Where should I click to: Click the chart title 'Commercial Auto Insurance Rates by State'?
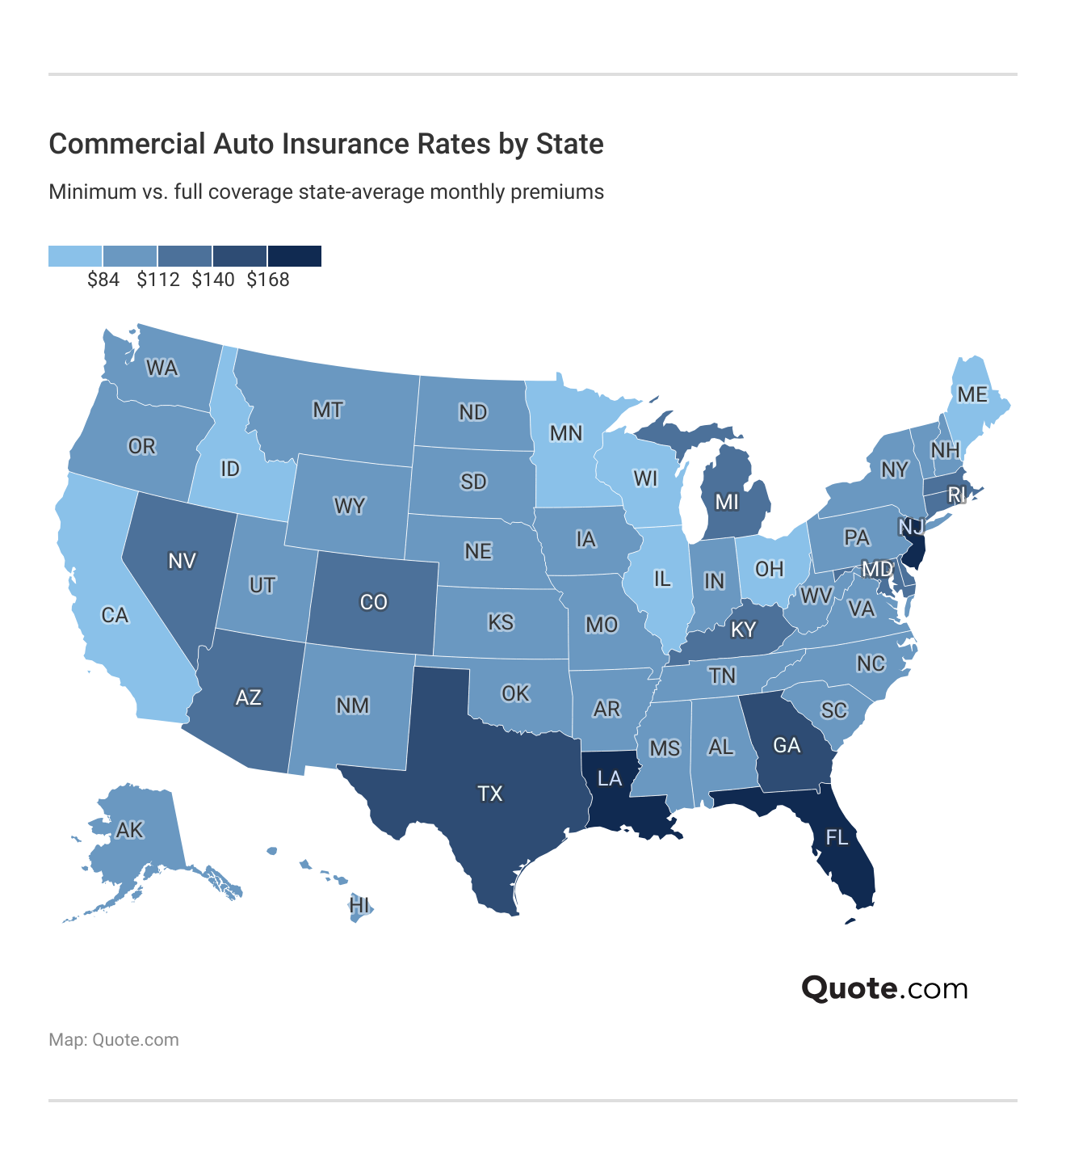(326, 145)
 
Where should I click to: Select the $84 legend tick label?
(103, 280)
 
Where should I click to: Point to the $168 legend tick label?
(268, 280)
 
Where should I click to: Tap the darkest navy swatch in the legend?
(295, 256)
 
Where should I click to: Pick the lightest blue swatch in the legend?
(75, 256)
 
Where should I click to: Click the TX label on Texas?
(490, 794)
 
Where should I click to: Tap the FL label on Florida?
(837, 837)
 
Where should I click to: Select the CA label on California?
(115, 616)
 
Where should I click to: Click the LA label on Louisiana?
(610, 778)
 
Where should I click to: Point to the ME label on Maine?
(972, 394)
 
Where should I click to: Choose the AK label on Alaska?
(129, 830)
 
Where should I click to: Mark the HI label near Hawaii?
(359, 905)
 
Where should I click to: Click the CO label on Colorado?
(374, 602)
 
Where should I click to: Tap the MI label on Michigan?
(727, 502)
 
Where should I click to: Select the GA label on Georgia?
(787, 744)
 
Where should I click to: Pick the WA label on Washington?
(162, 369)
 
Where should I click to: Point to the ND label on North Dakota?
(473, 413)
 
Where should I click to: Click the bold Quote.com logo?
(884, 988)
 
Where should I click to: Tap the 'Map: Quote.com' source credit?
(114, 1040)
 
